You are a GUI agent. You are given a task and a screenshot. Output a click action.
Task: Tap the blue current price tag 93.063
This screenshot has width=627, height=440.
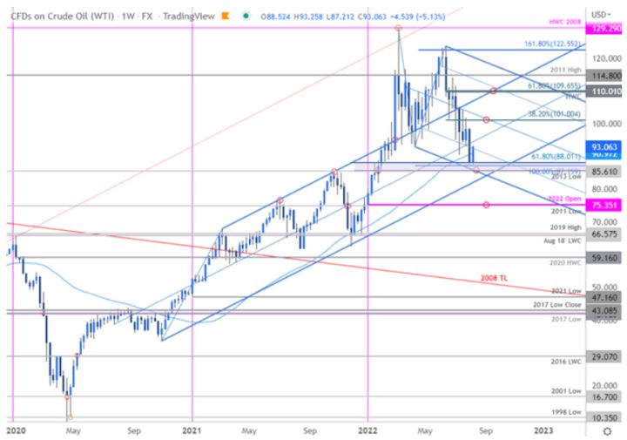(x=603, y=147)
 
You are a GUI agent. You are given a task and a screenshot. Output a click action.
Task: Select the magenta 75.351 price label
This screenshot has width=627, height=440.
(x=603, y=206)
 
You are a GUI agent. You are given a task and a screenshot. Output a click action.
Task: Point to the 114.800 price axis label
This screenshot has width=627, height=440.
(x=603, y=76)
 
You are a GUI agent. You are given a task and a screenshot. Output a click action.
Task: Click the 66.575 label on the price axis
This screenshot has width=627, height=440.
(x=603, y=234)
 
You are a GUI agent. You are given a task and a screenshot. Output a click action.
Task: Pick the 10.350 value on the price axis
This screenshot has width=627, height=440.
(x=603, y=418)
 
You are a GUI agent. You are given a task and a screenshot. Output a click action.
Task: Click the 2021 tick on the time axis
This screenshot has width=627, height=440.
(x=192, y=430)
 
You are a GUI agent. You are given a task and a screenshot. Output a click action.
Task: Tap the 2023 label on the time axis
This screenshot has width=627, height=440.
(x=542, y=430)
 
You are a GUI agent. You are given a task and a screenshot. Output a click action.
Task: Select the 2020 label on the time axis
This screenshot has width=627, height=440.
(x=15, y=430)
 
